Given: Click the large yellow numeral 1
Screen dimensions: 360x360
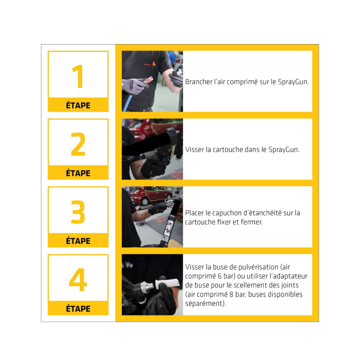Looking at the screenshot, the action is coord(77,76).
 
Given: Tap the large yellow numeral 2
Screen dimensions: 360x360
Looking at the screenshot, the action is coord(78,144).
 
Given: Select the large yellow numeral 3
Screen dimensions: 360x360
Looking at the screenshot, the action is coord(78,211).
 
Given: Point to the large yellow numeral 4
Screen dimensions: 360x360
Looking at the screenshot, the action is coord(78,279).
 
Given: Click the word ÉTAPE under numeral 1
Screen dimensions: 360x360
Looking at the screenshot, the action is coord(78,105).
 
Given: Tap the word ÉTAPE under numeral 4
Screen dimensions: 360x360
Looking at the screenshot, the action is coord(78,308).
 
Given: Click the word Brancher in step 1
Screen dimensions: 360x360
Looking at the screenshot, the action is coord(198,82).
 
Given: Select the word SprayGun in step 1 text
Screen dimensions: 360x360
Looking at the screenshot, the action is coord(293,82).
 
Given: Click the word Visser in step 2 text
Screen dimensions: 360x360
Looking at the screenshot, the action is coord(194,150).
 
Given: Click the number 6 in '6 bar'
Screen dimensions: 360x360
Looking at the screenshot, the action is coord(220,276).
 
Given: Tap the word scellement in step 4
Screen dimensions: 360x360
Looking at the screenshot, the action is coord(249,285).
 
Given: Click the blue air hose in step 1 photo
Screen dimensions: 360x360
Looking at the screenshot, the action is coord(127,103).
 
